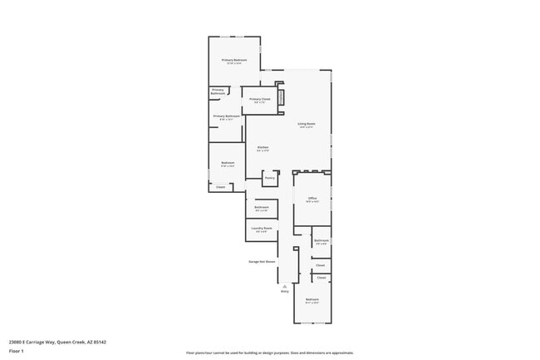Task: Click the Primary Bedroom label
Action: (233, 62)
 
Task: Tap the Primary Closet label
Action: (260, 101)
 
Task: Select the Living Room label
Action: (307, 126)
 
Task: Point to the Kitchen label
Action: (263, 149)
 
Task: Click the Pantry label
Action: (269, 178)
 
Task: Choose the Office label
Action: (312, 199)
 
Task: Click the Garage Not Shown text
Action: (262, 261)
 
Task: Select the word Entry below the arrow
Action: (285, 292)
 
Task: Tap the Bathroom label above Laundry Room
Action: (261, 208)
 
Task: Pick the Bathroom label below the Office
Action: (322, 241)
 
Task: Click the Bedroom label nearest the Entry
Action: (312, 300)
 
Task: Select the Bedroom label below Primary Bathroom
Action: (228, 164)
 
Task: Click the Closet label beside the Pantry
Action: (220, 187)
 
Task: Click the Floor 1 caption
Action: (17, 352)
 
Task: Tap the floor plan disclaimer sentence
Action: (269, 353)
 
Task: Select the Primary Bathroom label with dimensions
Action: (227, 117)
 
